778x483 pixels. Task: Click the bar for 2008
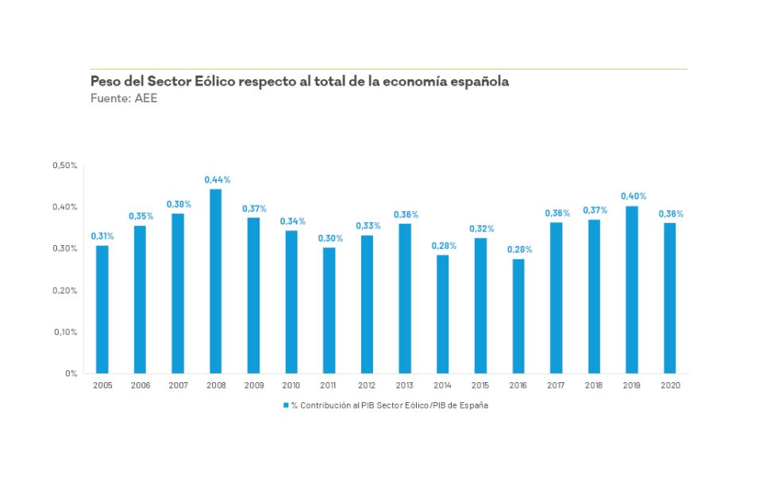(x=215, y=281)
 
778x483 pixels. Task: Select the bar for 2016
(x=518, y=316)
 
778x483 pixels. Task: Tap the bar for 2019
(x=632, y=289)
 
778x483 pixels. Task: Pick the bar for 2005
(x=102, y=309)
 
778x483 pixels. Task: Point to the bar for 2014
(x=442, y=314)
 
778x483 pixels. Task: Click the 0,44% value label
(x=218, y=180)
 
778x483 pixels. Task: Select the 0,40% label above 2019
(x=634, y=196)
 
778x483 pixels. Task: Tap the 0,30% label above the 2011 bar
(x=330, y=238)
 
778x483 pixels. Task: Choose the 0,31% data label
(x=103, y=236)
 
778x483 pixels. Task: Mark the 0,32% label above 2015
(x=481, y=228)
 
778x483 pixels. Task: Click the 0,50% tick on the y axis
(x=64, y=165)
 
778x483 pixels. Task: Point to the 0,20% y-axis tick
(x=64, y=290)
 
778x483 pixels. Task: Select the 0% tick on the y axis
(x=71, y=373)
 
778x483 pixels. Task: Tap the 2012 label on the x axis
(x=368, y=385)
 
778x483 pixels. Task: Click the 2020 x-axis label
(x=670, y=385)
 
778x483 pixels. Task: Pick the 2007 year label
(x=178, y=385)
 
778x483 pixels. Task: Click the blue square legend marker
(x=286, y=405)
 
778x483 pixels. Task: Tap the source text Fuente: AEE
(x=118, y=98)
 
